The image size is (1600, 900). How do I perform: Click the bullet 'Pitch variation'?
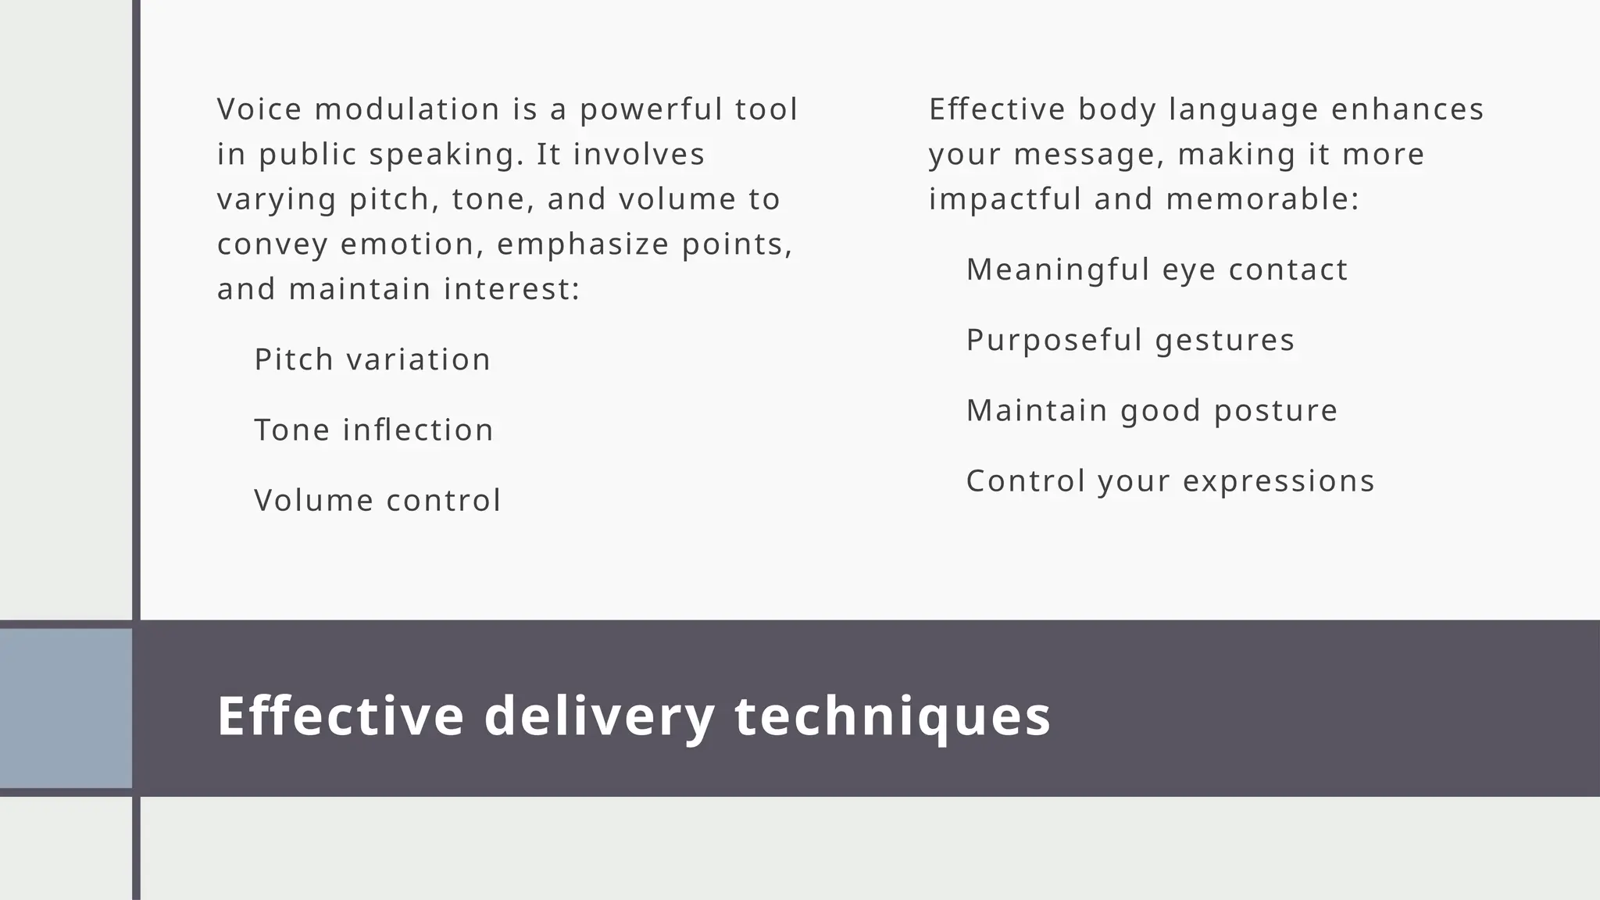(x=372, y=360)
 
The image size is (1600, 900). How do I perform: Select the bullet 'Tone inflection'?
(x=373, y=430)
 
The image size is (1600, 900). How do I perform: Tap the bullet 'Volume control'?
(x=377, y=501)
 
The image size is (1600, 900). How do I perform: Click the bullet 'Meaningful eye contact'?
(x=1156, y=270)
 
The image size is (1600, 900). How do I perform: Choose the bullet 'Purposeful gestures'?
(x=1130, y=341)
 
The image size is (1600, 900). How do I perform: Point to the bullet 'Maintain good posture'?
(x=1152, y=411)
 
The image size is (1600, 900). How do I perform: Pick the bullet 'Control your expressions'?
(x=1170, y=481)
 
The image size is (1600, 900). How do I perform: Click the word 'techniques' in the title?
(x=893, y=716)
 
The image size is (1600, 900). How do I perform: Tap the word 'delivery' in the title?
(x=599, y=716)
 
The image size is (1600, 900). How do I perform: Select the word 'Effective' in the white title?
(x=341, y=716)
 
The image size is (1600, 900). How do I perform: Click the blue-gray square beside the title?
(x=66, y=709)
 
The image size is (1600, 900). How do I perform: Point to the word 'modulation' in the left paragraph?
(x=407, y=109)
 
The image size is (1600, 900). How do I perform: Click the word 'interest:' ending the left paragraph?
(x=512, y=290)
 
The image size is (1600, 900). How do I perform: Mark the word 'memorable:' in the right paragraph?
(x=1262, y=199)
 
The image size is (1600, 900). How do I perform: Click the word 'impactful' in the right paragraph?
(x=1005, y=199)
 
